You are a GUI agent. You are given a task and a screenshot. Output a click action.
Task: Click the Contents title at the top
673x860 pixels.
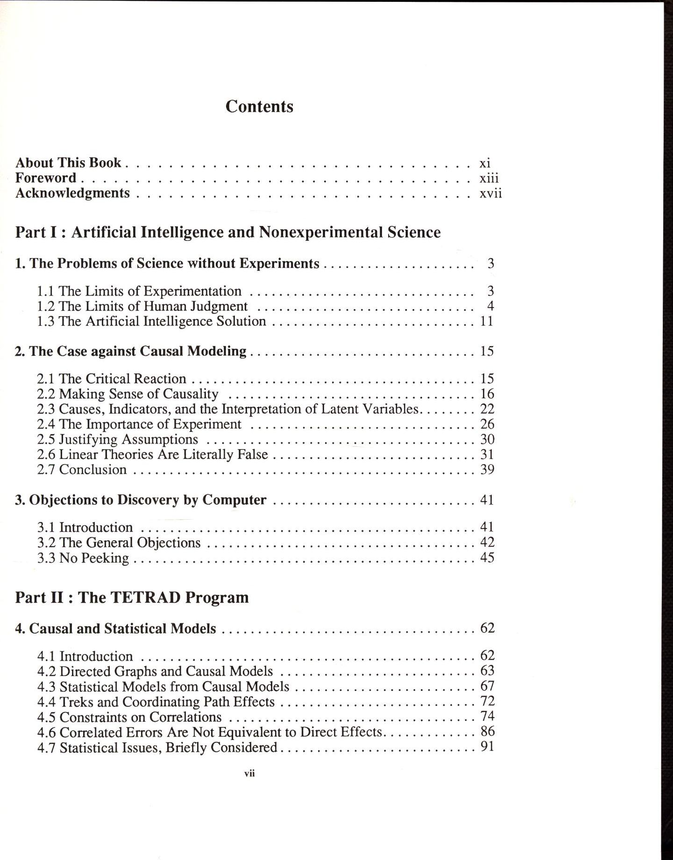click(259, 106)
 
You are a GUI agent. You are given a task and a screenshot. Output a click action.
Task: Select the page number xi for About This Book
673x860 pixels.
click(485, 163)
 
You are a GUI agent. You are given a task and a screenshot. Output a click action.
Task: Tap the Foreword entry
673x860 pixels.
click(46, 178)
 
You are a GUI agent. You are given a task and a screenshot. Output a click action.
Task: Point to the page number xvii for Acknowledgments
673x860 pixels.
click(490, 193)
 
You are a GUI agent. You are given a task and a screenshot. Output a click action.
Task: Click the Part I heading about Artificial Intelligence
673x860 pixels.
click(228, 232)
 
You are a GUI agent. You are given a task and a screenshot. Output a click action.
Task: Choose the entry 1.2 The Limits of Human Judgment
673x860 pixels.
click(142, 306)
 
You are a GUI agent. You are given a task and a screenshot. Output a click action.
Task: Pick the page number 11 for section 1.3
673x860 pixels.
click(487, 321)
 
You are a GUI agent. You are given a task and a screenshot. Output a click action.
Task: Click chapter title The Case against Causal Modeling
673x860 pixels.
click(131, 351)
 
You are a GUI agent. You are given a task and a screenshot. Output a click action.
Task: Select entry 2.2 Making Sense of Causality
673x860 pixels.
click(128, 394)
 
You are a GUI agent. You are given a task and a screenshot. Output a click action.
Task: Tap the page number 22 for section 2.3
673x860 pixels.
click(487, 409)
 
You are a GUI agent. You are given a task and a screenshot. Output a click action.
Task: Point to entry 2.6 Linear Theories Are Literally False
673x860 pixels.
click(152, 454)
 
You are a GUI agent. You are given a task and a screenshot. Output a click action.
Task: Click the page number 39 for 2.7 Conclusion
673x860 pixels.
click(487, 470)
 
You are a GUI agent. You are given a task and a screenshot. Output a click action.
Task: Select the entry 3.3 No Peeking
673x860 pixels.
click(83, 558)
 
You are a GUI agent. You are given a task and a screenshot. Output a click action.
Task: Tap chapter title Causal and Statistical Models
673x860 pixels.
click(116, 628)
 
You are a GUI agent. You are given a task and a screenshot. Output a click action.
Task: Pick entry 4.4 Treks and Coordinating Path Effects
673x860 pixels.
click(156, 702)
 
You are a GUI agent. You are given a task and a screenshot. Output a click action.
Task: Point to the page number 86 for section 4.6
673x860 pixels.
click(487, 731)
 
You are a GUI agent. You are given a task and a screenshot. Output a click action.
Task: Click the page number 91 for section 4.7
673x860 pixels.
click(487, 747)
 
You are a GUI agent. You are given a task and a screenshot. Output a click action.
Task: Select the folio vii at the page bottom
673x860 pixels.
click(249, 774)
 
